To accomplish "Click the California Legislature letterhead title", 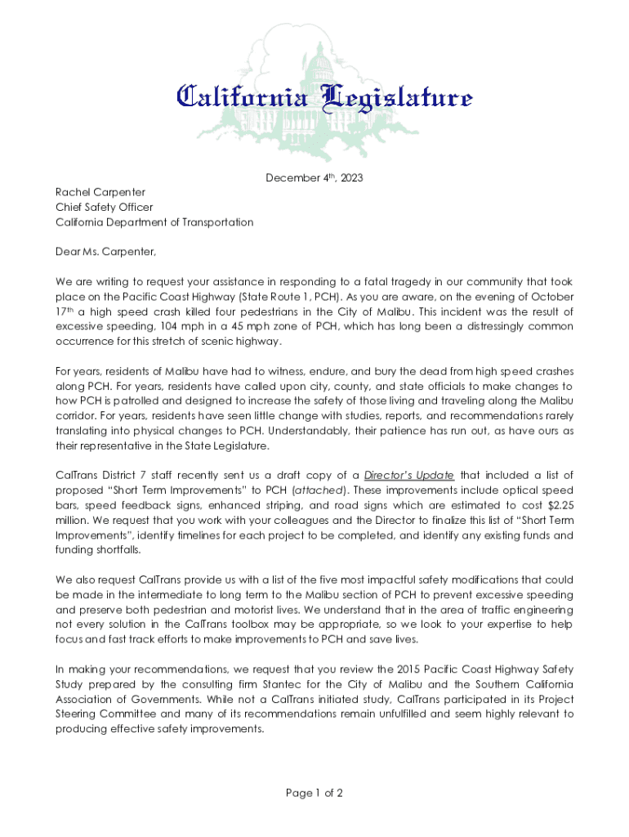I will (324, 99).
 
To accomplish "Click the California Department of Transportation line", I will (154, 222).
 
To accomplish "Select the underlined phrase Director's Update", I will (408, 475).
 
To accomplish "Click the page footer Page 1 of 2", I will (314, 792).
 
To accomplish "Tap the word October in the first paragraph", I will (551, 296).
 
